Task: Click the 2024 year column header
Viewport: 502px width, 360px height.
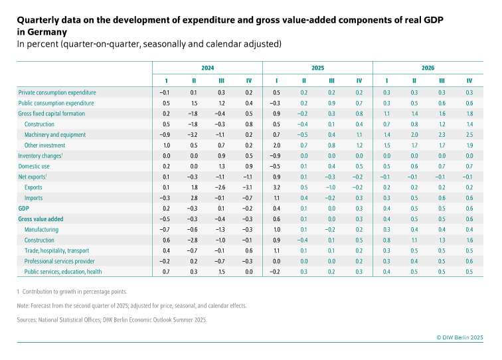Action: coord(207,68)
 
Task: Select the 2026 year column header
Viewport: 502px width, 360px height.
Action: coord(428,68)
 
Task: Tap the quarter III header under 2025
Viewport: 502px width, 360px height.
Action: coord(331,80)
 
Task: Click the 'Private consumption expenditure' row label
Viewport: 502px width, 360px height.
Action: coord(57,92)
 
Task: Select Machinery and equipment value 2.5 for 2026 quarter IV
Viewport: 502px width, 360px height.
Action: coord(469,135)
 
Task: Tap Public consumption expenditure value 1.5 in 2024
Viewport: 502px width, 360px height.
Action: coord(193,103)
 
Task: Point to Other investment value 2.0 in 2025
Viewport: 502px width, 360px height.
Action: coord(276,145)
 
